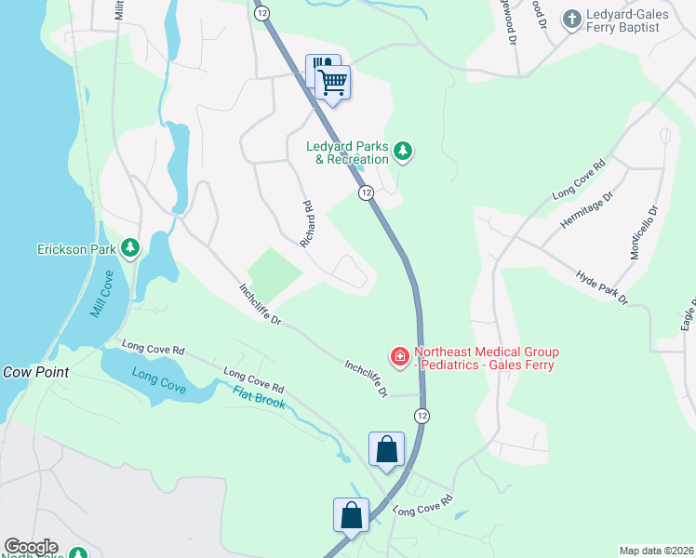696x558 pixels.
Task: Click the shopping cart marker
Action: (x=333, y=83)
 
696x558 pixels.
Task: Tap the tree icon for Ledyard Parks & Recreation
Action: (x=403, y=150)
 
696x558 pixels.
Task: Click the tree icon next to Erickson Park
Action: (x=131, y=247)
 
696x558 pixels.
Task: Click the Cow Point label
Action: (x=35, y=371)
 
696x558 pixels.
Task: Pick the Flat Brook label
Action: (x=259, y=401)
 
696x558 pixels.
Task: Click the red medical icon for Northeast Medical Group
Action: (x=399, y=356)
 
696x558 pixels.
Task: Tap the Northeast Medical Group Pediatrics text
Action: (x=486, y=358)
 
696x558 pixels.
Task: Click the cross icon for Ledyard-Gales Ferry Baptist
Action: (x=570, y=19)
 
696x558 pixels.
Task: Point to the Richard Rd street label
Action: (x=307, y=225)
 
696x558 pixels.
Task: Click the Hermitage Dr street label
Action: (x=587, y=214)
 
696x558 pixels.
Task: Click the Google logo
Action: (x=31, y=547)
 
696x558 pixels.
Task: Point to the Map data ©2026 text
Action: (x=656, y=551)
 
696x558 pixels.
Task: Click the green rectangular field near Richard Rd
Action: (x=274, y=272)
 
